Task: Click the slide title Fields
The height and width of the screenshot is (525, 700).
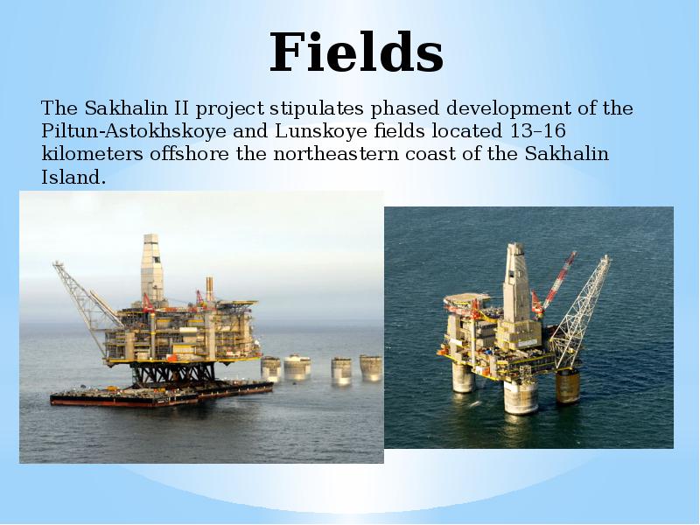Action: (x=356, y=52)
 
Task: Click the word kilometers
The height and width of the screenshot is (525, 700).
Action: (x=82, y=155)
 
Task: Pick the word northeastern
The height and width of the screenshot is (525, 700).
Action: (x=297, y=155)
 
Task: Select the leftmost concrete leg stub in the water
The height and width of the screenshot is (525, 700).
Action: (x=271, y=368)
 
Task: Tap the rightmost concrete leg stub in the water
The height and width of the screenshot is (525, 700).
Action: (x=370, y=367)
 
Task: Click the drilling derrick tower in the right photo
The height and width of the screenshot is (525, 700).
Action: (x=515, y=280)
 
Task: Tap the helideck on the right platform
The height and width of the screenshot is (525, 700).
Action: (x=465, y=301)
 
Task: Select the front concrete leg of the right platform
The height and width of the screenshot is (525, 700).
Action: (x=521, y=395)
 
